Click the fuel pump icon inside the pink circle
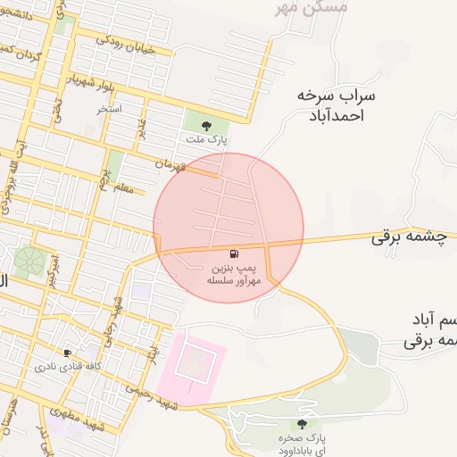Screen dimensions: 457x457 point(234,253)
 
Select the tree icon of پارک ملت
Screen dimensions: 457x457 point(207,126)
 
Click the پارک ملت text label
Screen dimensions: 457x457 point(207,140)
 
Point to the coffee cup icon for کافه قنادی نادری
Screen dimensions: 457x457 point(67,353)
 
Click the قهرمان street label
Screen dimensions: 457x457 point(173,165)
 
